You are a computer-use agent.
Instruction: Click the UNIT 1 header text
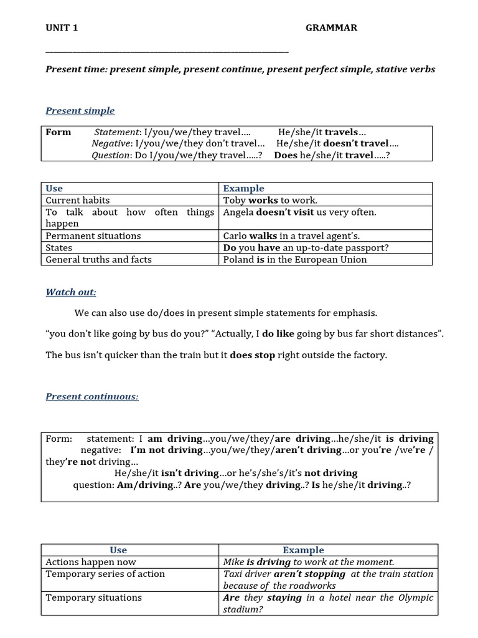(62, 28)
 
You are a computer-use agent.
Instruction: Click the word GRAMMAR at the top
(331, 28)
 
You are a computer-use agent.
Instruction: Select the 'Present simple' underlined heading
(80, 111)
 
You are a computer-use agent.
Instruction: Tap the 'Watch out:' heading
(71, 292)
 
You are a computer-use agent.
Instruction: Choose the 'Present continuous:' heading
(92, 397)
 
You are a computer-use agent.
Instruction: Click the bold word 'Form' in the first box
(59, 132)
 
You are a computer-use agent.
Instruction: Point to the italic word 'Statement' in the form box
(117, 132)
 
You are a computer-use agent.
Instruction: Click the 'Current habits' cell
(78, 200)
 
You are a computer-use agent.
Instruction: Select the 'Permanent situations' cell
(93, 236)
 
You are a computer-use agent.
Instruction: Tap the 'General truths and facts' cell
(98, 260)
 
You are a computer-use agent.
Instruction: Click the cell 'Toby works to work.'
(270, 200)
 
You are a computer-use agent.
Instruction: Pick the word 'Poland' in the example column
(238, 260)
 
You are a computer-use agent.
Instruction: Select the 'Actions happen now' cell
(91, 562)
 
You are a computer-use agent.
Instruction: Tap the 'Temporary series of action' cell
(105, 574)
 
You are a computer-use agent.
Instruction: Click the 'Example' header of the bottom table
(303, 550)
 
